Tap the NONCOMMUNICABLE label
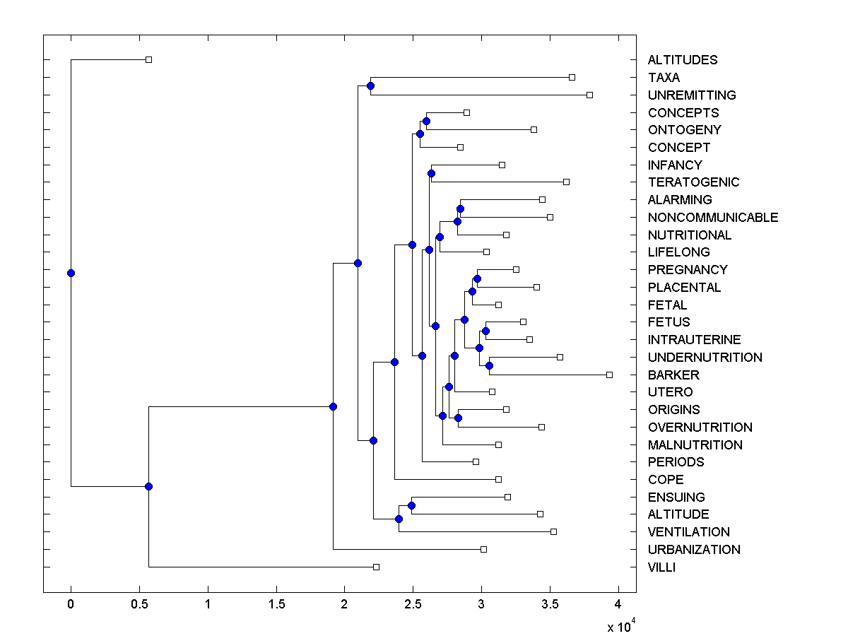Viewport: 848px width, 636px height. [x=713, y=217]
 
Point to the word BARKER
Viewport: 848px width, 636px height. [x=673, y=375]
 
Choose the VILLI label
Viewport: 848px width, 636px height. [x=661, y=567]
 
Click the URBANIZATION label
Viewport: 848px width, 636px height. [x=694, y=549]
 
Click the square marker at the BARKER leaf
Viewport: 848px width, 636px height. [x=609, y=375]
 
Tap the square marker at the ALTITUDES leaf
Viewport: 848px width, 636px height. [x=148, y=60]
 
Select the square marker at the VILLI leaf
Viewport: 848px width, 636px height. [x=376, y=567]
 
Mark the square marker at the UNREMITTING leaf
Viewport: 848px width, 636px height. [x=590, y=95]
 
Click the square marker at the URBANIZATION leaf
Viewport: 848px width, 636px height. [x=483, y=549]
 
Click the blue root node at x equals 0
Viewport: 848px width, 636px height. [x=71, y=273]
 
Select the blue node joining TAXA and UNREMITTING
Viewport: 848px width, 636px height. [x=370, y=86]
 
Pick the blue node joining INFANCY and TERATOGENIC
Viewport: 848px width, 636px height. [x=431, y=173]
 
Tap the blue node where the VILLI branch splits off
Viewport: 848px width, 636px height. [x=148, y=486]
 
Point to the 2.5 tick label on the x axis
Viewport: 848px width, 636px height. [x=412, y=604]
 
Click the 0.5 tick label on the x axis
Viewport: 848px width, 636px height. [x=139, y=604]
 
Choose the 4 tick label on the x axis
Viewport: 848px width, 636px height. [x=618, y=604]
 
